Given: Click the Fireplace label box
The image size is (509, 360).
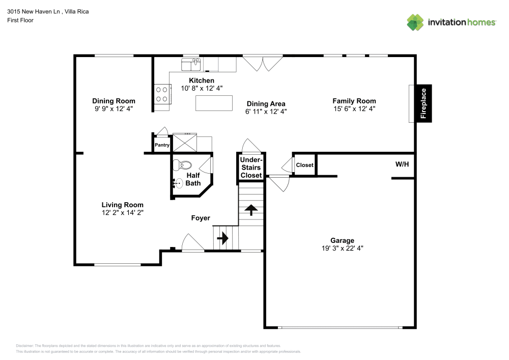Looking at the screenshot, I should [x=422, y=103].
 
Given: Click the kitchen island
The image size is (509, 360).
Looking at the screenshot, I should [x=211, y=103].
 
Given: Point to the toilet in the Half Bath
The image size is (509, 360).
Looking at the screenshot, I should [x=182, y=165].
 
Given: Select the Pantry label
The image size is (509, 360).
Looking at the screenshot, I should [x=162, y=145].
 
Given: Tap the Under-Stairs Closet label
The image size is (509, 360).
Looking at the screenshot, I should [x=251, y=168].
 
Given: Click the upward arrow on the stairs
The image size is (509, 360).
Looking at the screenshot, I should [x=251, y=210].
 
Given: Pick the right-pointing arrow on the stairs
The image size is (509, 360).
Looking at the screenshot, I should [x=223, y=238].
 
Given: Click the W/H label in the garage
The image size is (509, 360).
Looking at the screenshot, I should [x=402, y=164].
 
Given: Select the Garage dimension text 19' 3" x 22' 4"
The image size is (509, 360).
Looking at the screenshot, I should [x=342, y=248].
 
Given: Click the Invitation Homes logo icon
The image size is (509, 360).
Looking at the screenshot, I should [x=415, y=22].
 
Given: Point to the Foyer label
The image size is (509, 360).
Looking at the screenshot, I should [x=201, y=218].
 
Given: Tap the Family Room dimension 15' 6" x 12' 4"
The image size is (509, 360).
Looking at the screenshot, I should [x=354, y=109].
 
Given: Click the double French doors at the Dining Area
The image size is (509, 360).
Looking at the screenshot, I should [x=262, y=64].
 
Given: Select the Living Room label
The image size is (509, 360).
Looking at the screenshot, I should [x=122, y=205].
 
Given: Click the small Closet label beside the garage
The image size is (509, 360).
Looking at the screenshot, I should [x=304, y=165].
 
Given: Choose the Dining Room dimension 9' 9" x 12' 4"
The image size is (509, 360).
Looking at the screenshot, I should [x=114, y=109].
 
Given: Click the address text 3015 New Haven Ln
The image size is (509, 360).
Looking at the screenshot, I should [x=31, y=11].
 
